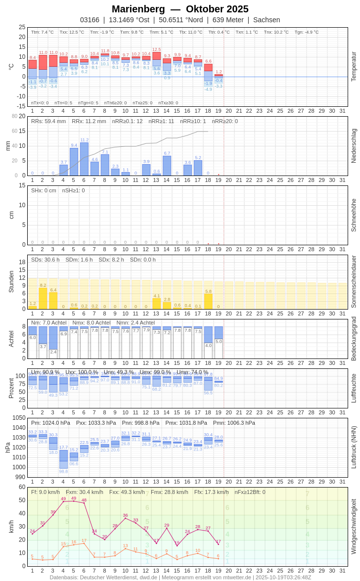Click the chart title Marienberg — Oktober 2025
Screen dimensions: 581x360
point(180,9)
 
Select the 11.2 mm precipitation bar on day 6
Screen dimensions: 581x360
point(84,159)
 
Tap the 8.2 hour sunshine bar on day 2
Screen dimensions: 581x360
point(43,298)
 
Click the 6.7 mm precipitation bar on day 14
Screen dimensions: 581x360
point(167,166)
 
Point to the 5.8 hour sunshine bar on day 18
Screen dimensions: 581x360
point(208,301)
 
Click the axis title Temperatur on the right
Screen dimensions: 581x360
point(354,67)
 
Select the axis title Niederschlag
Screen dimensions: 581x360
point(354,146)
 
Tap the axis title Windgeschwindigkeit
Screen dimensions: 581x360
point(354,526)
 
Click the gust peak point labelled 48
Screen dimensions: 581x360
point(84,503)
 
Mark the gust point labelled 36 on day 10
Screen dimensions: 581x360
point(126,518)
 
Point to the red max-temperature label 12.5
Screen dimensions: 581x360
point(156,49)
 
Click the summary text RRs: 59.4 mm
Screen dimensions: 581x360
point(48,121)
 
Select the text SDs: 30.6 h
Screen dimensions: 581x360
point(45,260)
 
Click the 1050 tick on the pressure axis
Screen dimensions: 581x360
point(19,418)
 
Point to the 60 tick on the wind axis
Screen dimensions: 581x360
point(22,487)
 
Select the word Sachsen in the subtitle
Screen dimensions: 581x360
point(267,20)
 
